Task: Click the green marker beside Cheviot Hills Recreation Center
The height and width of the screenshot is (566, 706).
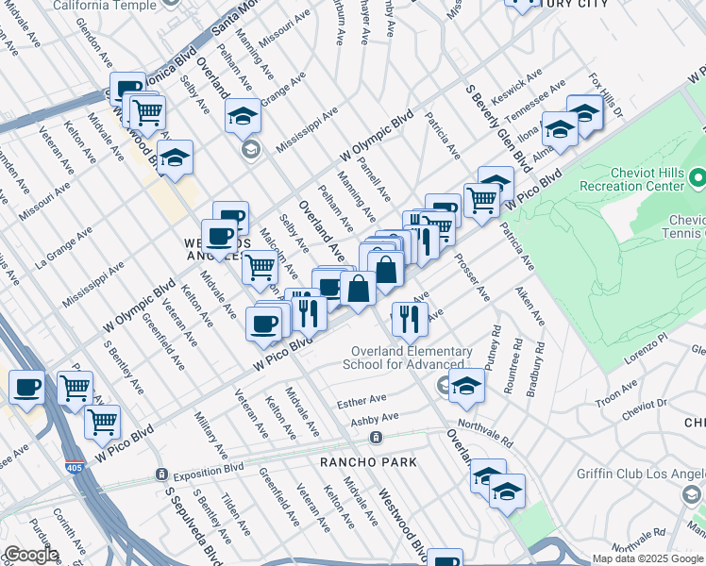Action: [x=698, y=176]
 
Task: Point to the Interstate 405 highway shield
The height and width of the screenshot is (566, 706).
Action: [x=73, y=467]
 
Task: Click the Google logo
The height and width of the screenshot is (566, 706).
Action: [x=30, y=555]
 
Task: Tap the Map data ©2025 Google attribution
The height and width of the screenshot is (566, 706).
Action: [x=647, y=558]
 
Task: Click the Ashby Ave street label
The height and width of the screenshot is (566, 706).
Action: [x=375, y=417]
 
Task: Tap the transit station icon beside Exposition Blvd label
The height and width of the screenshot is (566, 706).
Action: [x=162, y=474]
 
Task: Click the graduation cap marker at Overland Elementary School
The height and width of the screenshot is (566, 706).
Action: [x=466, y=384]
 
